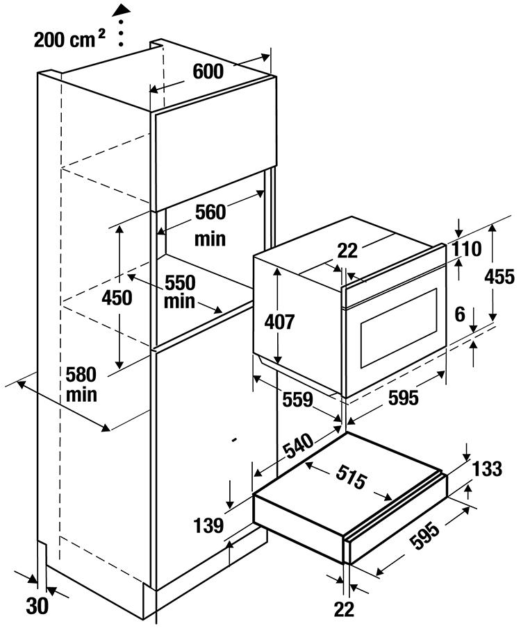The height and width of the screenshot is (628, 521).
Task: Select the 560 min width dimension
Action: coord(210,223)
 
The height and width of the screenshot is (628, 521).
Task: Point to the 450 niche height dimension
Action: coord(116,298)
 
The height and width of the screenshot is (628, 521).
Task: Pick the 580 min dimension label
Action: coord(82,384)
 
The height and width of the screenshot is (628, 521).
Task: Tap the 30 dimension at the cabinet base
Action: coord(38,606)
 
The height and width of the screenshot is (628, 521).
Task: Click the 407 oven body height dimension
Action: coord(280,322)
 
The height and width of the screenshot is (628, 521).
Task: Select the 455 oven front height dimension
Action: coord(499,278)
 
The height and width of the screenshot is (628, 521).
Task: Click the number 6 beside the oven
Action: coord(459,314)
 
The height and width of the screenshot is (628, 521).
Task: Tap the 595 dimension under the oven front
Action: coord(404,398)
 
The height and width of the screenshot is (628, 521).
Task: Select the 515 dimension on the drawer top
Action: coord(350,478)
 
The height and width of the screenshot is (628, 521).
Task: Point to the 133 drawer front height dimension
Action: coord(487,469)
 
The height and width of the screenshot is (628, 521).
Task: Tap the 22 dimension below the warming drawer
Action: coord(344,609)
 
